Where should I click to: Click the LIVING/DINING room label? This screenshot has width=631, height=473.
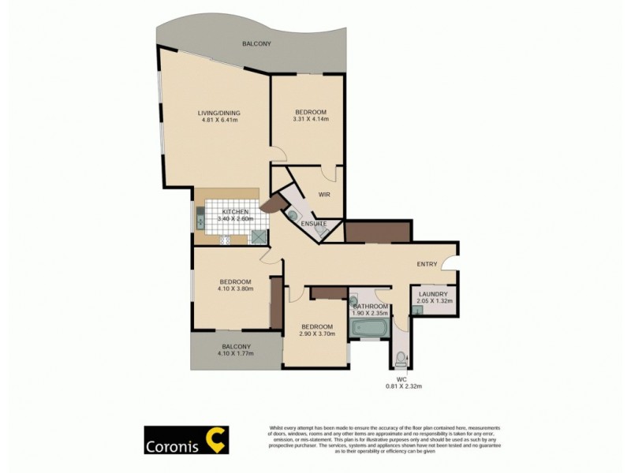point(218,112)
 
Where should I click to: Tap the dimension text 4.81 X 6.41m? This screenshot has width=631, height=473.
point(218,120)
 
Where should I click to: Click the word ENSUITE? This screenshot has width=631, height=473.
point(313,224)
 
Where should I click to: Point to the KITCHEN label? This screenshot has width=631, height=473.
point(235,212)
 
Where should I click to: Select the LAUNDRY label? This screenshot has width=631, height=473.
point(434,294)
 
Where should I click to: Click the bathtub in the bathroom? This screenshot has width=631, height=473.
point(369,326)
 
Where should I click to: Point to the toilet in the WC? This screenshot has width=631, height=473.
point(400,359)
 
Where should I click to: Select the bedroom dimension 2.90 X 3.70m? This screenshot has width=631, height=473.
point(316,334)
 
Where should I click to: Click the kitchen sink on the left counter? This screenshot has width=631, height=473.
point(200,219)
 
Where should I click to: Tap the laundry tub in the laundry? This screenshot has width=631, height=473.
point(417,310)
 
